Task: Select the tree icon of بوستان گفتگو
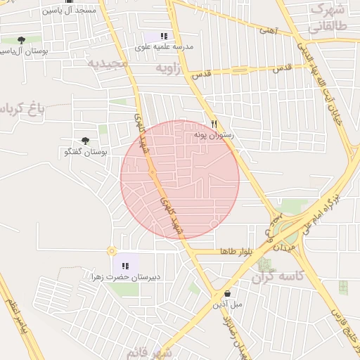tap(86, 141)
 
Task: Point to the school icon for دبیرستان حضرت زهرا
tap(125, 266)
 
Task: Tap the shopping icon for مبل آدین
tap(227, 293)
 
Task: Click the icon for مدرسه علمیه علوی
tap(164, 36)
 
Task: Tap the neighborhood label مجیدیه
tap(109, 64)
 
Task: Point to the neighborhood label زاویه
tap(172, 68)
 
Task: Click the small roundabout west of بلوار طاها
tap(111, 251)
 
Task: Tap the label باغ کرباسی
tap(21, 110)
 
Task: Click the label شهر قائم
tap(150, 352)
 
